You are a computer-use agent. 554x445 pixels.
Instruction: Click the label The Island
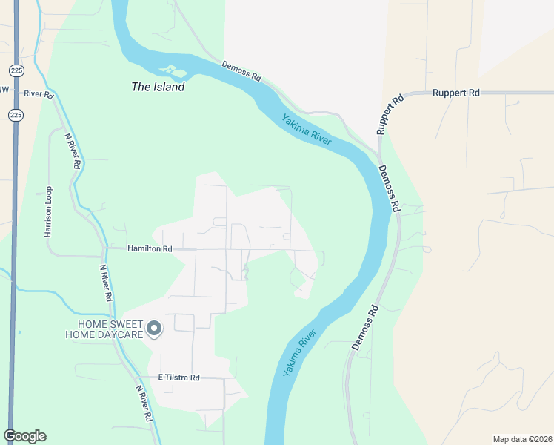158,87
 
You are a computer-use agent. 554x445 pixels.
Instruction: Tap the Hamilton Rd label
150,249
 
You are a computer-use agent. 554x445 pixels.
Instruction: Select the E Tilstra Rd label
179,378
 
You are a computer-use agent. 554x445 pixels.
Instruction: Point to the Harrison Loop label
48,211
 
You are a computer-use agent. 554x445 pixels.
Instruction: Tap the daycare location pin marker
154,328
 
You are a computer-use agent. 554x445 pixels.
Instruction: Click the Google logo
24,436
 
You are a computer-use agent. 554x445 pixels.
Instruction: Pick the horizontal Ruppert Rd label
458,93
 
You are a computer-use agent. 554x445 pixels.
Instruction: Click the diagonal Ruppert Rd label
390,113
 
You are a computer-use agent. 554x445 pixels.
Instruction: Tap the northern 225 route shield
16,70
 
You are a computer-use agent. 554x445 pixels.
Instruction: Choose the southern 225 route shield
16,115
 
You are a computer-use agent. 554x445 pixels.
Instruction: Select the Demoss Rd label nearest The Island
242,71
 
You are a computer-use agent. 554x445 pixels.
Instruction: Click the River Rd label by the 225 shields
39,94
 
